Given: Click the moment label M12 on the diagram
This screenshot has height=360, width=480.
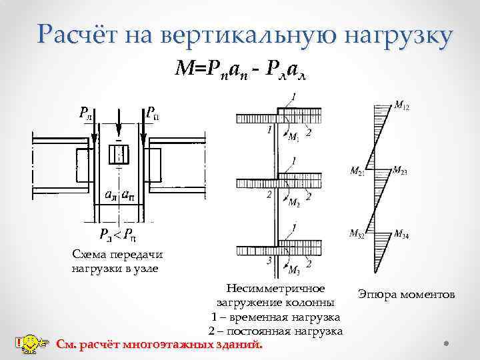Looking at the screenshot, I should (402, 105).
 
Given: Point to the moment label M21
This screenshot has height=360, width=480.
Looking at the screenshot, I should (358, 171).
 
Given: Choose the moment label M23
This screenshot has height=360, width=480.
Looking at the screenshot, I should (400, 171).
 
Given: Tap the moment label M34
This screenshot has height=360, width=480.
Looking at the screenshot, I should (402, 233).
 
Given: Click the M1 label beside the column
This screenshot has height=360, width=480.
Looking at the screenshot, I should (293, 138).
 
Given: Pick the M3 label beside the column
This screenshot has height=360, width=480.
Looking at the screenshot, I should (294, 269).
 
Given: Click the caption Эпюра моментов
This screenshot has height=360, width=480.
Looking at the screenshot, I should (406, 294).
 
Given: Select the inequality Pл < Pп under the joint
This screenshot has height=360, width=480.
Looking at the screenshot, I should (119, 235).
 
